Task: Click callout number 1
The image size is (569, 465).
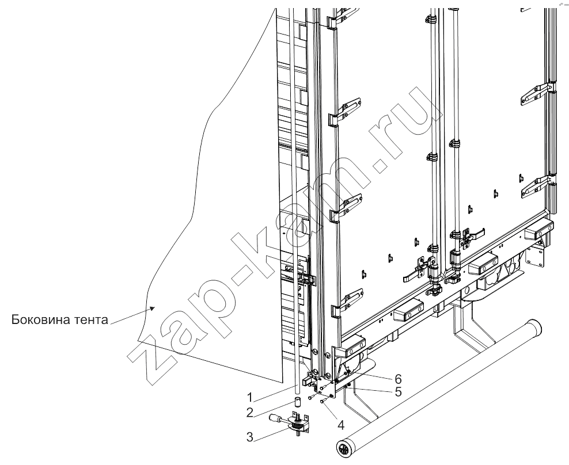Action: tap(250, 398)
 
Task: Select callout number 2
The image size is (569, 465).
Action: tap(250, 413)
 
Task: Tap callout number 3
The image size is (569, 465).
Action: tap(250, 437)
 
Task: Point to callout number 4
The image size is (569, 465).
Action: tap(341, 425)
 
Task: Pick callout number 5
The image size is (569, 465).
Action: tap(398, 392)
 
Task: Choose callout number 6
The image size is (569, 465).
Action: tap(398, 379)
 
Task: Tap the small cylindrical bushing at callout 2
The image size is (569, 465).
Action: tap(298, 402)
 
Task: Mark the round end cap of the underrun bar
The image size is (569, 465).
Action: tap(343, 451)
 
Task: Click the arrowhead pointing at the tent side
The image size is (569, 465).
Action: tap(153, 308)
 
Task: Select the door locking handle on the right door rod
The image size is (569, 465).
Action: tap(473, 235)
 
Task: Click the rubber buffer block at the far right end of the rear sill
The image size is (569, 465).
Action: tap(538, 231)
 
